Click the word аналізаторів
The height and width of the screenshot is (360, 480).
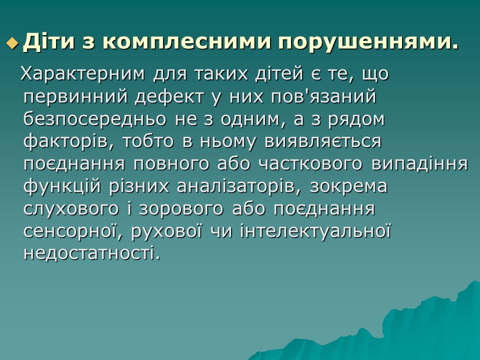239,187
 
